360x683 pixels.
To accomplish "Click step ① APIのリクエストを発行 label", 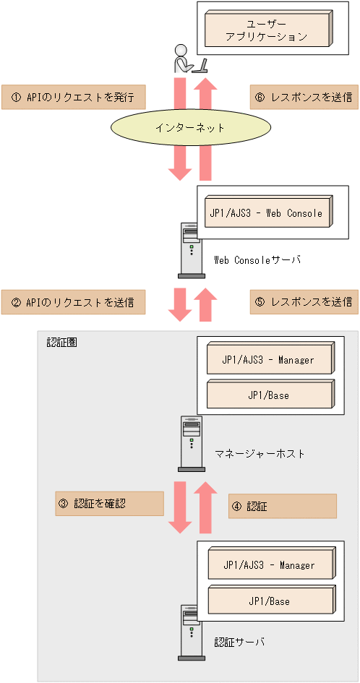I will click(73, 97).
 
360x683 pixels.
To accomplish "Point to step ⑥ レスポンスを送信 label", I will click(303, 97).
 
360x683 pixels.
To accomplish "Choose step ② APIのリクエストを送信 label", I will click(73, 301).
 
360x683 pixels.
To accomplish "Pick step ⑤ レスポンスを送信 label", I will click(303, 301).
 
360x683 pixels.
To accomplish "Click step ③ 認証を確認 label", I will click(109, 504).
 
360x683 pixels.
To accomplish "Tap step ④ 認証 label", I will click(282, 506).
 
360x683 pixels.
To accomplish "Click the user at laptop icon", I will click(189, 59).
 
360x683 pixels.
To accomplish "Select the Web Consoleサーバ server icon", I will click(192, 250).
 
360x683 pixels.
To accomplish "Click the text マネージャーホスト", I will click(260, 453).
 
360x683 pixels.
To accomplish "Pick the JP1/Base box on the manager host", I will click(269, 395).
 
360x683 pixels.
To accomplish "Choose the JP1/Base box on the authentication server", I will click(269, 600).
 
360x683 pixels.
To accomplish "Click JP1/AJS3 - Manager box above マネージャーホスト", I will click(269, 359).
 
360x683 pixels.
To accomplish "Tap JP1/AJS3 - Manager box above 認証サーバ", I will click(269, 564).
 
